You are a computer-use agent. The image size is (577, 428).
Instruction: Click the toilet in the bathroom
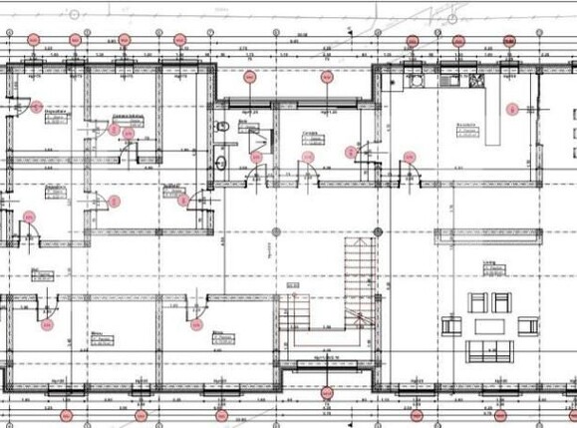coord(222,125)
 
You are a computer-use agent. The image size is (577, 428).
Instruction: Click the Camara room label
coord(311,136)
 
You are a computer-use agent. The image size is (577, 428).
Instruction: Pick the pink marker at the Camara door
coord(350,152)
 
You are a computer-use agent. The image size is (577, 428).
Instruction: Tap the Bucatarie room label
coord(464,127)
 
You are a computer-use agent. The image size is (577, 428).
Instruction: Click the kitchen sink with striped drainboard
coord(409,77)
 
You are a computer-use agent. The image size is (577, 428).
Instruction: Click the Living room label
coord(490,265)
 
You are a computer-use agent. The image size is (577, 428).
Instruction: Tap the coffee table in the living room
coord(489,326)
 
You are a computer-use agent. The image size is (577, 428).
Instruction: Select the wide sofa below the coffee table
coord(489,351)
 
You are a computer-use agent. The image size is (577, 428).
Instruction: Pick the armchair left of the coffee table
coord(452,326)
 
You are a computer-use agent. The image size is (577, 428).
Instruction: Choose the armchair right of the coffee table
coord(527,326)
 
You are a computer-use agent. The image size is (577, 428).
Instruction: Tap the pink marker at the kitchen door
coord(409,156)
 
